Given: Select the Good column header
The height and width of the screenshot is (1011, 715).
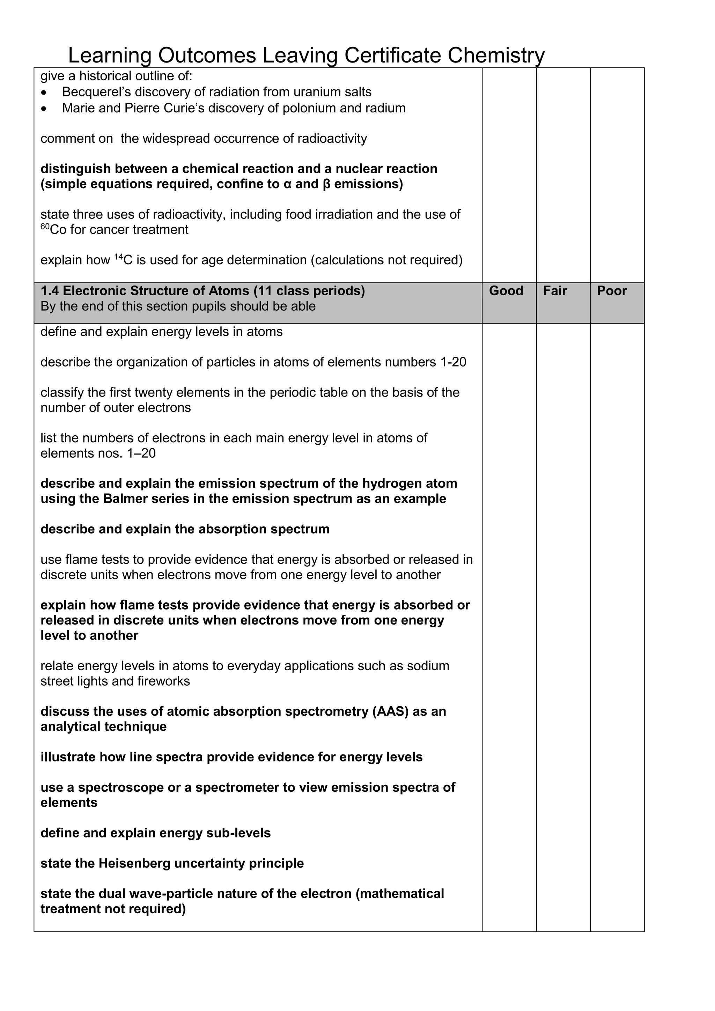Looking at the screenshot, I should click(506, 291).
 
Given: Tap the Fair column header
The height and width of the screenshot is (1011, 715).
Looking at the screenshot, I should click(555, 291).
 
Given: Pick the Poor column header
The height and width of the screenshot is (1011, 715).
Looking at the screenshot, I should click(612, 291).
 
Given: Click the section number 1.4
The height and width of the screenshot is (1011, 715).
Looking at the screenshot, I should click(50, 291).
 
